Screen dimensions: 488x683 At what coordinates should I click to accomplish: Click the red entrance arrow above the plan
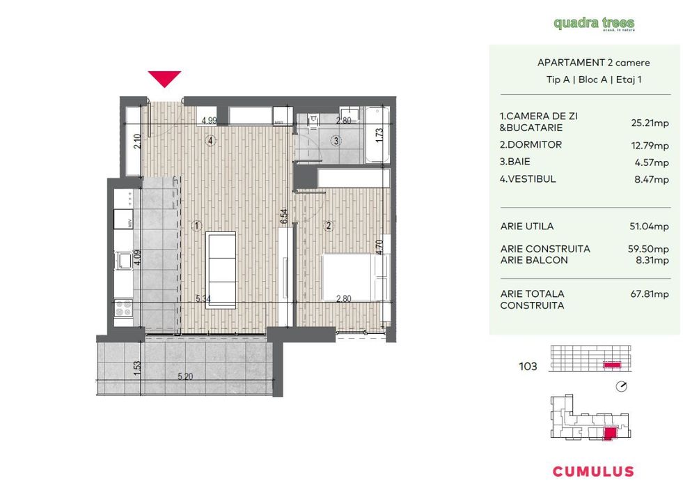[164, 78]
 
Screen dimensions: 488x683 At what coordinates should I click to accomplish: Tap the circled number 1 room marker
[198, 225]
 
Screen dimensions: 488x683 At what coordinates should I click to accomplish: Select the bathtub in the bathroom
[376, 133]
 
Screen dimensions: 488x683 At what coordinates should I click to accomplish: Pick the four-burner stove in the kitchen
[123, 307]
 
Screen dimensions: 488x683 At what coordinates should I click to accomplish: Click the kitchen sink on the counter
[124, 261]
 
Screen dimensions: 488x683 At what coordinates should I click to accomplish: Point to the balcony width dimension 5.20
[185, 376]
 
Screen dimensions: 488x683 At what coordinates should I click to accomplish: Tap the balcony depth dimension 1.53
[137, 367]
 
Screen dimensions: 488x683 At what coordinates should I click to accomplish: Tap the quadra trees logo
[594, 24]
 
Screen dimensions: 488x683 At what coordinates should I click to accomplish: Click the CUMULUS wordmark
[593, 471]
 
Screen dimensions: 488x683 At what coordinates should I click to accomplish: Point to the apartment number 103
[528, 366]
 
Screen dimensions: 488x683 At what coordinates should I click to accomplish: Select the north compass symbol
[622, 387]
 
